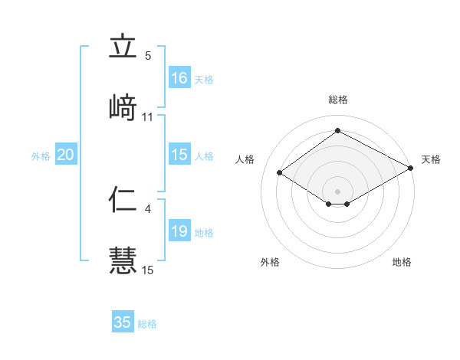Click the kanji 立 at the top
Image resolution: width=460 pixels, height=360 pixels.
coord(123,47)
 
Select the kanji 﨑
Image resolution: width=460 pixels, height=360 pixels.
coord(123,107)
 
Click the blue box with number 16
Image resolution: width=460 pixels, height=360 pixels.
coord(179,78)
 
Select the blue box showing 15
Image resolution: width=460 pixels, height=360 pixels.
coord(179,155)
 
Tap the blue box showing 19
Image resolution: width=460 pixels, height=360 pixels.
coord(179,231)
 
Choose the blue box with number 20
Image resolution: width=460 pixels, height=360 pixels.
coord(65,155)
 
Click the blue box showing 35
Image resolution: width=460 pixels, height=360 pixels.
coord(123,322)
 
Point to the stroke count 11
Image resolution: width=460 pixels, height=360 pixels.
coord(148,117)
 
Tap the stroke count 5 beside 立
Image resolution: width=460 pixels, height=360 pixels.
coord(148,56)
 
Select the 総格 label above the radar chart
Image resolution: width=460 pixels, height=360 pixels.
coord(338,100)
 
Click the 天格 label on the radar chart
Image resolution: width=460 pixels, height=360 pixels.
coord(431,159)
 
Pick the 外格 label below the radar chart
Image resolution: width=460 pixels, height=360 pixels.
coord(270,262)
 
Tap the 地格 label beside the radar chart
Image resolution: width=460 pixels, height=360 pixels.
coord(402,262)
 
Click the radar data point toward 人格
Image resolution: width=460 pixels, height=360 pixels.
coord(280,173)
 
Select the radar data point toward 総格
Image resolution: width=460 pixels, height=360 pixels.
coord(338,131)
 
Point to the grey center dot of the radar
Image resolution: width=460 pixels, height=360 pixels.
coord(338,191)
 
